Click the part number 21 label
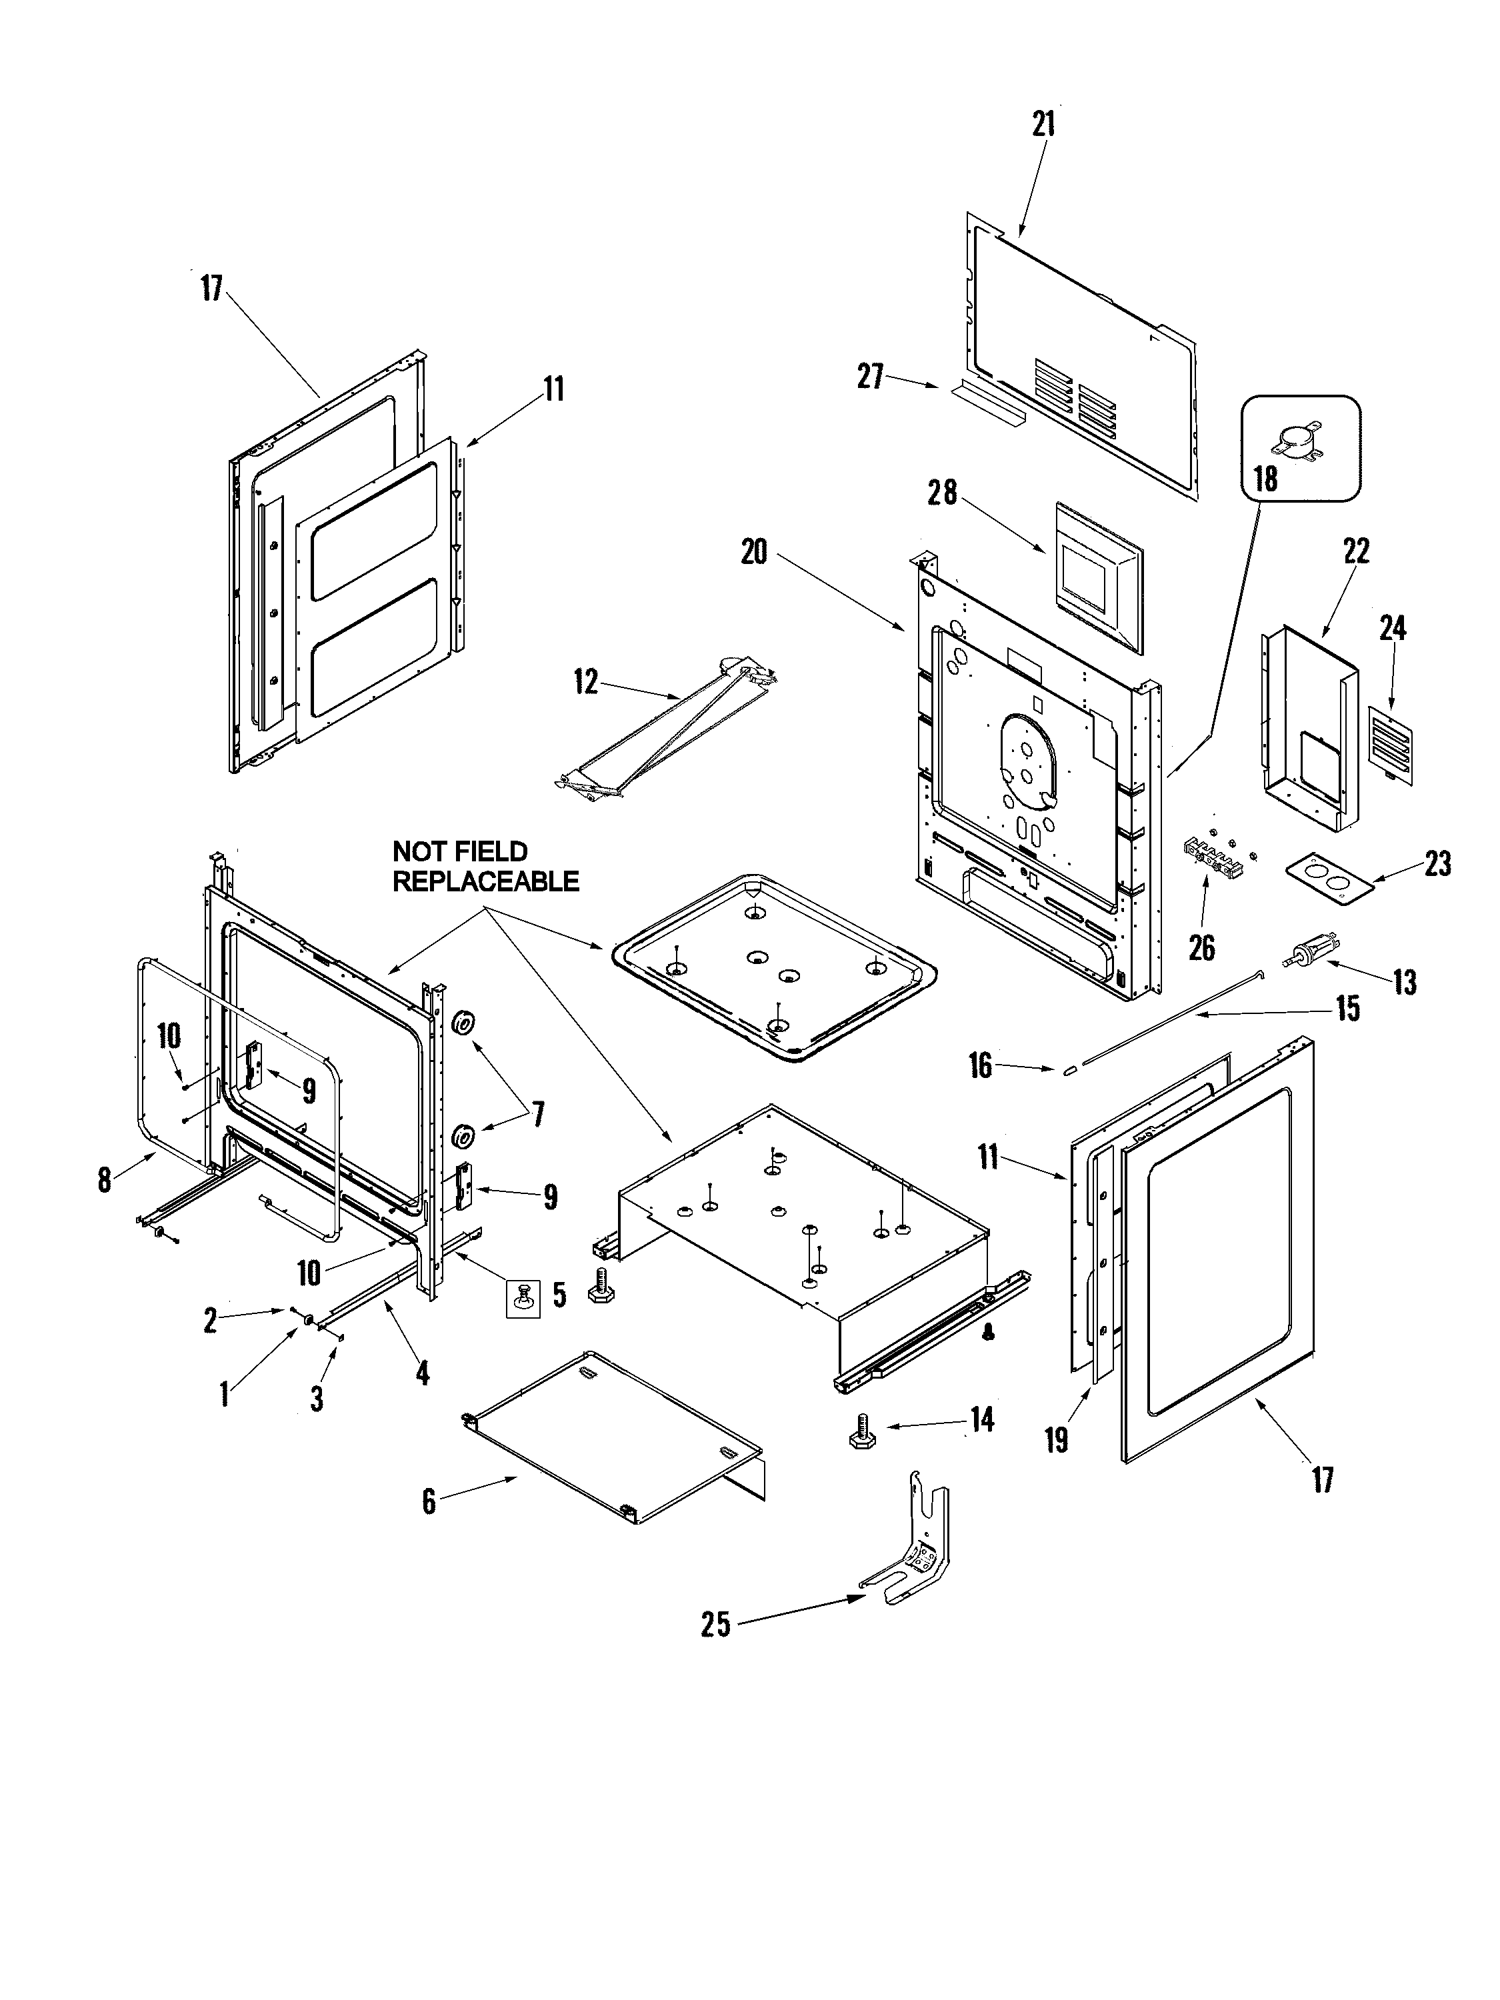(1044, 125)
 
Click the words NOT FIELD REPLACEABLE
(485, 865)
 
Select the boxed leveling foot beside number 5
(523, 1299)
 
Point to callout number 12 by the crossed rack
(586, 683)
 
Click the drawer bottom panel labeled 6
(615, 1436)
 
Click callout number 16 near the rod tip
(980, 1065)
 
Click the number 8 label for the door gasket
(104, 1179)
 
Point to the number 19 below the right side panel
(1056, 1439)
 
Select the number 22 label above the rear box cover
(1356, 551)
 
